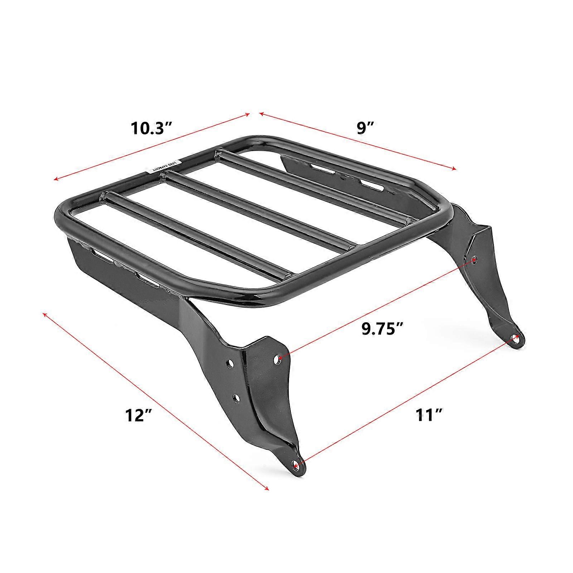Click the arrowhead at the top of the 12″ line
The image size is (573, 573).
coord(44,314)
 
